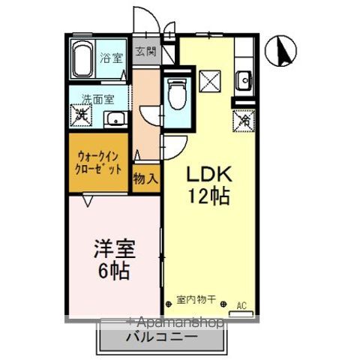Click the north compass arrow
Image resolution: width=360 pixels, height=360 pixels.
(284, 51)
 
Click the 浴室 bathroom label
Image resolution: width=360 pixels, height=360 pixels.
(112, 56)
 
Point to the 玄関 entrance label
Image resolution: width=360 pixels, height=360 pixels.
(146, 52)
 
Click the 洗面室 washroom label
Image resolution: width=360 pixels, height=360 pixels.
(97, 98)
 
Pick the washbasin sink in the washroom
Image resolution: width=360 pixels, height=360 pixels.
(115, 119)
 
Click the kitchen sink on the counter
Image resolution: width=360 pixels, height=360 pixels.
(243, 77)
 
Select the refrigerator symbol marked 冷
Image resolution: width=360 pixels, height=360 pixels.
(244, 118)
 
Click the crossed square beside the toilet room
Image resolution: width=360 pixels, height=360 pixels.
(209, 79)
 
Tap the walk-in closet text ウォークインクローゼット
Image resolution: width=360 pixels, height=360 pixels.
(99, 163)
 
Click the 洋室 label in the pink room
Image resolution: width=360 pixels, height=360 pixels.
(114, 248)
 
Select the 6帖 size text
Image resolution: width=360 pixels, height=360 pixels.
(114, 271)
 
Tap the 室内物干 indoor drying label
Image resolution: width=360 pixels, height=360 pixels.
(196, 300)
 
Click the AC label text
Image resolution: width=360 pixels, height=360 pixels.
(241, 304)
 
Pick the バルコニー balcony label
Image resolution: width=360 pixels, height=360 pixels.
(163, 337)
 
